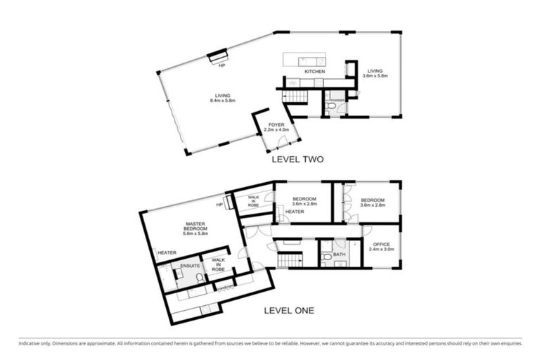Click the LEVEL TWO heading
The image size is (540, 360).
[297, 160]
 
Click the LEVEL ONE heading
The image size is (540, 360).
[288, 309]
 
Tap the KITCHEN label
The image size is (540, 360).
[314, 72]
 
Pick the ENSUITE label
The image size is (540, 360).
[190, 266]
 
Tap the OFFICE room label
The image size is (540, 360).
[381, 244]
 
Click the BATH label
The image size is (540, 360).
[340, 254]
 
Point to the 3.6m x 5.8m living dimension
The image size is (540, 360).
[375, 75]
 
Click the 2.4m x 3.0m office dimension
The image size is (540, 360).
[381, 250]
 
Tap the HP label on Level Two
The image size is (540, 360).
[221, 65]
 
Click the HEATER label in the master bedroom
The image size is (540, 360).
[167, 253]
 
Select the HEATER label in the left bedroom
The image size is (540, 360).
[294, 211]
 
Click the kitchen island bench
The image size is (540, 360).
[311, 60]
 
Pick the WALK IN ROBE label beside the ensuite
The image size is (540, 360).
[218, 264]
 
